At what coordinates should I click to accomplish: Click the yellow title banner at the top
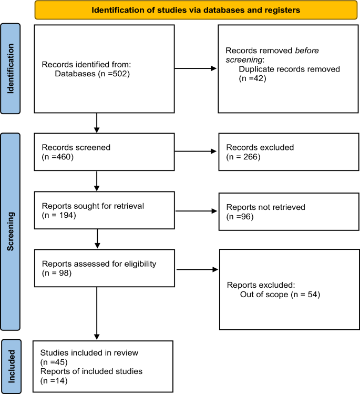[196, 10]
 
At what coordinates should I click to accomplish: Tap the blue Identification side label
[11, 68]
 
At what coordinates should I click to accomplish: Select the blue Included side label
[11, 366]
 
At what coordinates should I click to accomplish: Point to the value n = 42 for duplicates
[252, 78]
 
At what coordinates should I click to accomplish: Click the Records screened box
[104, 152]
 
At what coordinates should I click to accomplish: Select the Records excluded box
[289, 152]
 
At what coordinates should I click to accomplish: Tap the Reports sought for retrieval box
[105, 210]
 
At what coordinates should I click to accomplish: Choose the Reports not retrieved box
[289, 211]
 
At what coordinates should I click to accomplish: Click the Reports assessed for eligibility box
[105, 268]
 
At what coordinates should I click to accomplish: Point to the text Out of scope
[264, 294]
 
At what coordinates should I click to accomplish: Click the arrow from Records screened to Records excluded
[196, 151]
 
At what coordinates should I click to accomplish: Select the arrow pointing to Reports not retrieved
[196, 211]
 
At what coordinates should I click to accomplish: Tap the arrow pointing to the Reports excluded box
[197, 270]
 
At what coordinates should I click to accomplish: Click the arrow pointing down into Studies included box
[97, 313]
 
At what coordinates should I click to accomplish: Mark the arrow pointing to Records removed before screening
[196, 68]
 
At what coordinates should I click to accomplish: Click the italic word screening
[244, 60]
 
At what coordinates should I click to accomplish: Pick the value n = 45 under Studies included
[54, 362]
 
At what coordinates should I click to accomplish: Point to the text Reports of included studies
[91, 371]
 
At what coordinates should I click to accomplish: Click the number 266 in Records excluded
[251, 157]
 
